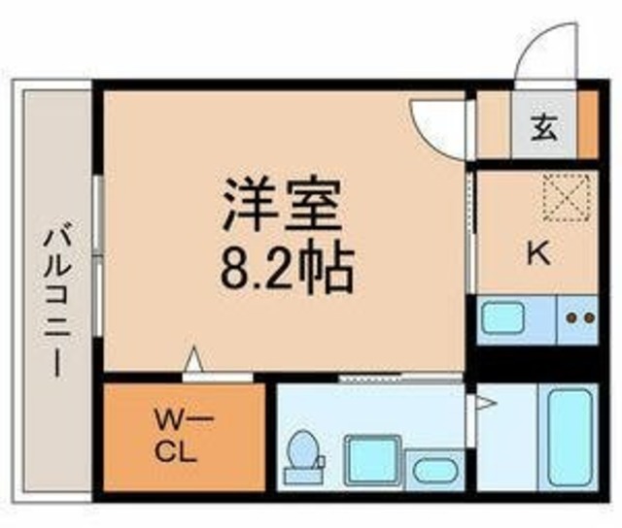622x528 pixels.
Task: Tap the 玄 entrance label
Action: (544, 126)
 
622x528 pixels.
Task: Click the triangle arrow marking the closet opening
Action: (194, 361)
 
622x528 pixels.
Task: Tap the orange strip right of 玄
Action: (587, 124)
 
